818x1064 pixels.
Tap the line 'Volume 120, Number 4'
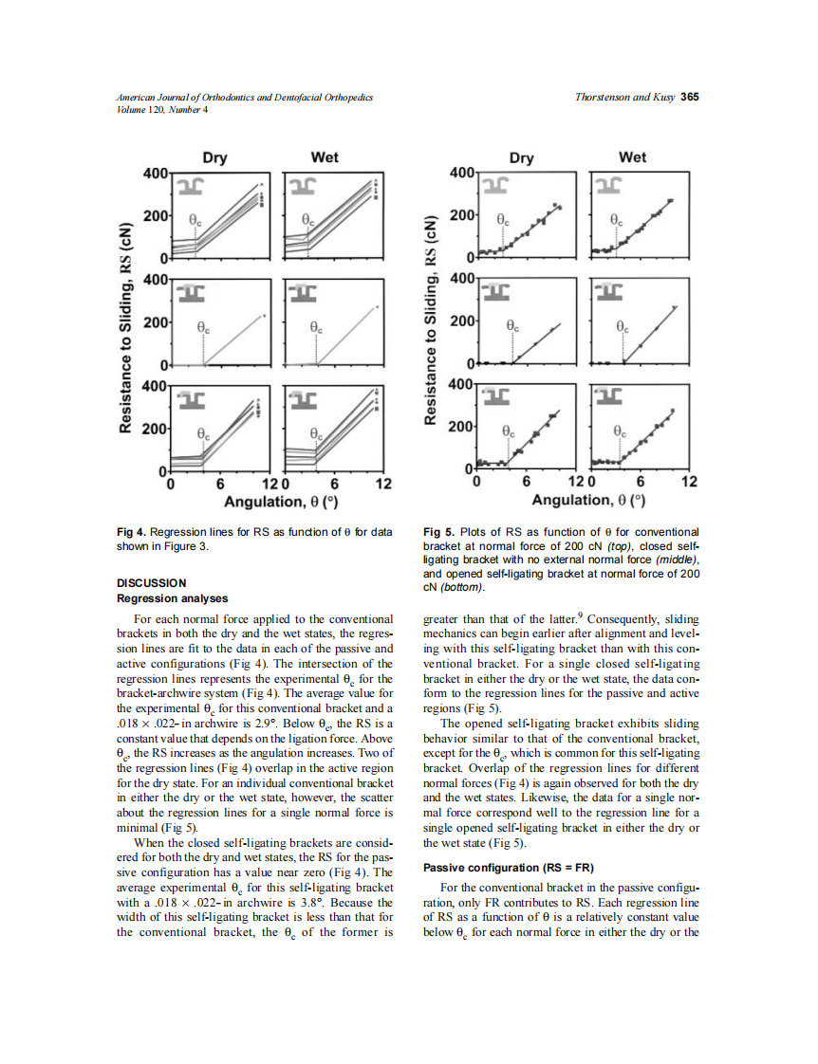click(x=161, y=109)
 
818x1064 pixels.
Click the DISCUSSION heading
click(x=151, y=582)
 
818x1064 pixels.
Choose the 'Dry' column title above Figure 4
click(x=214, y=157)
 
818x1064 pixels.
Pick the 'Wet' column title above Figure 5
click(x=631, y=157)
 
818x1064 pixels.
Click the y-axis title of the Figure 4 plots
click(x=124, y=328)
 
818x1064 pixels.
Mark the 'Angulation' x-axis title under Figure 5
click(x=588, y=500)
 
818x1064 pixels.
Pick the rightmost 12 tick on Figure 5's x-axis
click(x=689, y=482)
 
